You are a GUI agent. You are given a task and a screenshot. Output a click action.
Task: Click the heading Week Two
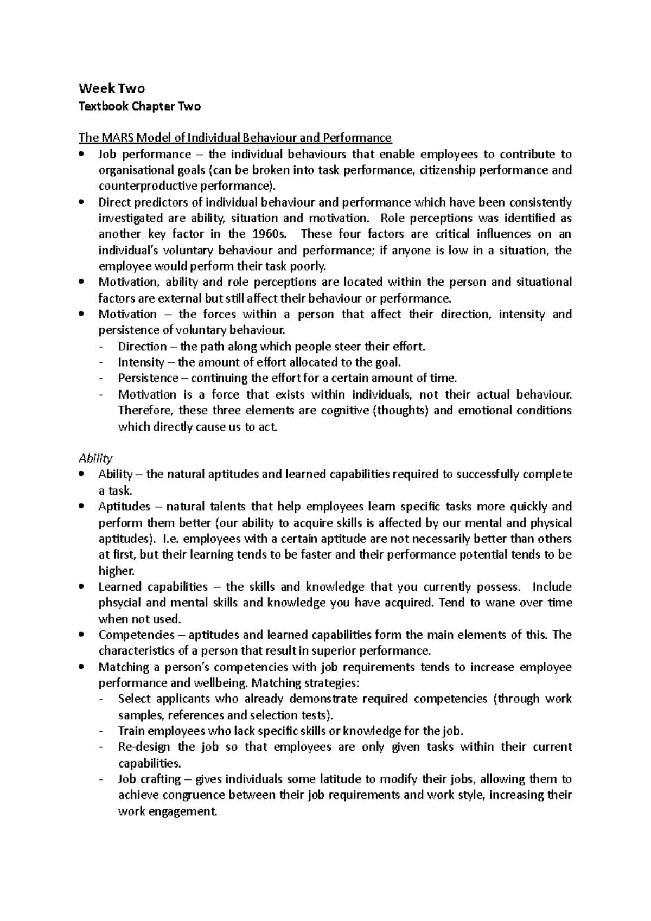(112, 88)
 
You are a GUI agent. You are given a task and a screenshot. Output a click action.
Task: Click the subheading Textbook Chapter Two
(139, 106)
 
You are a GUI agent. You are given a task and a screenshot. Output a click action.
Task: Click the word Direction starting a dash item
(142, 346)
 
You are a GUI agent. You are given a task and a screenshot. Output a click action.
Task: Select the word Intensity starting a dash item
(141, 362)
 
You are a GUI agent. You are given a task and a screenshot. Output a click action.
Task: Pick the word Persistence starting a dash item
(148, 378)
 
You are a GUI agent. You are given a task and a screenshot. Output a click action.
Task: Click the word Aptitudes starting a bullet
(124, 507)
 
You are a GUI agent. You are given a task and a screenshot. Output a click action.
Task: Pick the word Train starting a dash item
(131, 731)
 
